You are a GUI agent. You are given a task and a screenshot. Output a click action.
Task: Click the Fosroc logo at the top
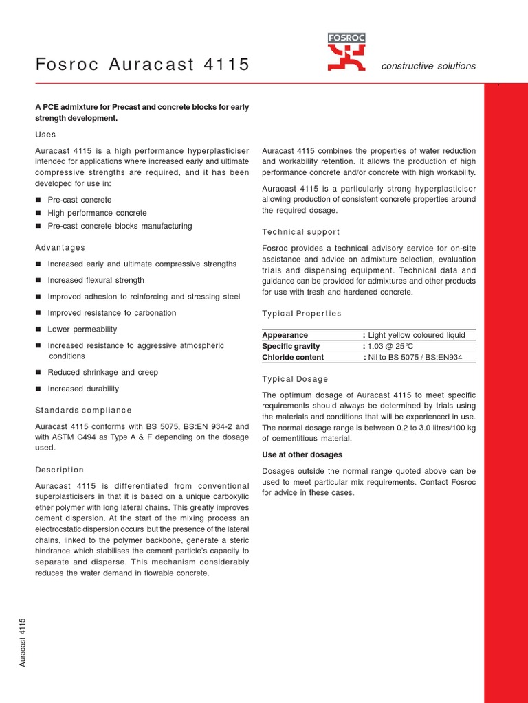pos(346,52)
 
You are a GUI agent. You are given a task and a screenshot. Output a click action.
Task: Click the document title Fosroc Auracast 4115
pos(142,65)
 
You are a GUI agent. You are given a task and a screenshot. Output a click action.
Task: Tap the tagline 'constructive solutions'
pos(428,66)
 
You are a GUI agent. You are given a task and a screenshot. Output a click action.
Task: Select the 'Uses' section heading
pos(45,135)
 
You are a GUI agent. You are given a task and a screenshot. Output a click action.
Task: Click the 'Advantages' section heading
pos(60,247)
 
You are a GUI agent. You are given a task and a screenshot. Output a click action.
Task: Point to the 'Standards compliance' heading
pos(83,410)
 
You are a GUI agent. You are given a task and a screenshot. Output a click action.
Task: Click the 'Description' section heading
pos(59,470)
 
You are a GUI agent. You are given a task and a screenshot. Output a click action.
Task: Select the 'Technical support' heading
pos(301,232)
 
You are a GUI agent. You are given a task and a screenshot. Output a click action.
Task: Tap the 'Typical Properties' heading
pos(302,314)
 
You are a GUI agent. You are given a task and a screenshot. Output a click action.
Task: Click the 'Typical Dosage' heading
pos(296,379)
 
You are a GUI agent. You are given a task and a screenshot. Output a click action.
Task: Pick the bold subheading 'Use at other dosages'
pos(302,454)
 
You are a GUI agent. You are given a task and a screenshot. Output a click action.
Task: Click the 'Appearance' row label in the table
pos(285,335)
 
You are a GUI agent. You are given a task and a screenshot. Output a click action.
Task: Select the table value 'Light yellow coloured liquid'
pos(417,335)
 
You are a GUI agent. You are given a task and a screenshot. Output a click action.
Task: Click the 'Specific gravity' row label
pos(291,346)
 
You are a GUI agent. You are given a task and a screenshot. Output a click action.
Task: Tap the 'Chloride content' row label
pos(293,357)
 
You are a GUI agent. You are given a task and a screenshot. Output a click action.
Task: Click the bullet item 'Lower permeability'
pos(82,330)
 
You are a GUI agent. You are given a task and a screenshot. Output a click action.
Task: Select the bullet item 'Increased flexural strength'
pos(96,280)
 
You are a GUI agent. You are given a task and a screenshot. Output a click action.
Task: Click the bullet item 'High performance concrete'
pos(97,213)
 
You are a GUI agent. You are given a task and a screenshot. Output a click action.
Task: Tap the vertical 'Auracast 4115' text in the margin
pos(23,642)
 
